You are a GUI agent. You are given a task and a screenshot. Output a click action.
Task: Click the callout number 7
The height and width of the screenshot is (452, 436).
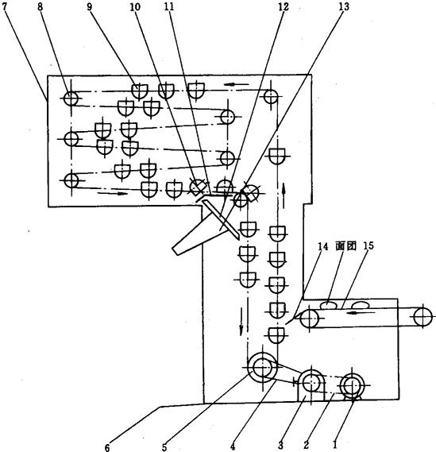pos(5,6)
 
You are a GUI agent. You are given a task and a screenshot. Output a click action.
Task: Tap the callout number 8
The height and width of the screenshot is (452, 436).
pos(40,6)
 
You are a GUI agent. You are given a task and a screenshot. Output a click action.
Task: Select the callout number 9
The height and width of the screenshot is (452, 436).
pos(89,6)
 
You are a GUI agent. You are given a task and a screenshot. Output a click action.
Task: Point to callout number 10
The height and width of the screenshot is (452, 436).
pos(135,6)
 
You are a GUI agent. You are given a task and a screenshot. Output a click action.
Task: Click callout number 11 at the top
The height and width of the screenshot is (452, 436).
pos(169,6)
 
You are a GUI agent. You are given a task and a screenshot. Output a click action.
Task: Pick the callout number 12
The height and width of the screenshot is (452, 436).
pos(284,6)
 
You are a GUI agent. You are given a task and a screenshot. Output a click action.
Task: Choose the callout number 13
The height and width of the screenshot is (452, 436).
pos(344,6)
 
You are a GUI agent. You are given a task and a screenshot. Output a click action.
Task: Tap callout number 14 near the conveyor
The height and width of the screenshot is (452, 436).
pos(322,246)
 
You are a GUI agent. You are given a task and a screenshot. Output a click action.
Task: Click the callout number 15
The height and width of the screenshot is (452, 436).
pos(368,246)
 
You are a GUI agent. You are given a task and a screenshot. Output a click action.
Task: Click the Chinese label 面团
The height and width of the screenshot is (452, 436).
pos(345,246)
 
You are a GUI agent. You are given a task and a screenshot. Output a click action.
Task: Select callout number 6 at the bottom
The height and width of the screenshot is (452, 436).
pos(107,447)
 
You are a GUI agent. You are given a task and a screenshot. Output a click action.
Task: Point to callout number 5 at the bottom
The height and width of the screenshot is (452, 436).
pos(164,447)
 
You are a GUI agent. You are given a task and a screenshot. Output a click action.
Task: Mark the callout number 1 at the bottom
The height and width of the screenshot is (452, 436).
pos(335,445)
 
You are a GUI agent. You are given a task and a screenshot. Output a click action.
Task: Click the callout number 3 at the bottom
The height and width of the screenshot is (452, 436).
pos(280,446)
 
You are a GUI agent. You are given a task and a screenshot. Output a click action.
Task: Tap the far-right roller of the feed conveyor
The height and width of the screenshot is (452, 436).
pos(422,317)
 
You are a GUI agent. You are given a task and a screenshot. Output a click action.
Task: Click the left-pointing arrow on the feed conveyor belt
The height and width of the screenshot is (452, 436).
pos(361,312)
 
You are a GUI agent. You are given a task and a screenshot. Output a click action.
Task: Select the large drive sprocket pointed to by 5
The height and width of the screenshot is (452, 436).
pos(263,367)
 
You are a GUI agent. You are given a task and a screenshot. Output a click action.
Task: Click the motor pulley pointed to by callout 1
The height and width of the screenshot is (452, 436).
pos(352,384)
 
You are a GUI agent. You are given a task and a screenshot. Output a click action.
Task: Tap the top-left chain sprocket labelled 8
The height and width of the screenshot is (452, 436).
pos(71,99)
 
